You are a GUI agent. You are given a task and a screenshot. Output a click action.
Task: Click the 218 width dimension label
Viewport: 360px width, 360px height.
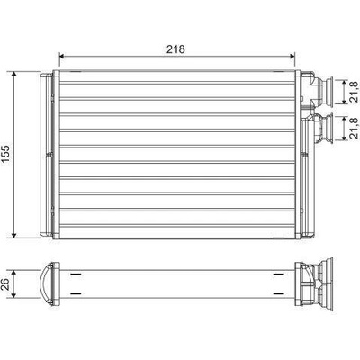click(175, 49)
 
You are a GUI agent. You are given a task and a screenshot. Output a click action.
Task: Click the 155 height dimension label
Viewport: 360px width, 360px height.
click(6, 154)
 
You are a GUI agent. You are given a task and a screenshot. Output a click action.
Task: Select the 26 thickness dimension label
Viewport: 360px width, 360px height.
click(5, 284)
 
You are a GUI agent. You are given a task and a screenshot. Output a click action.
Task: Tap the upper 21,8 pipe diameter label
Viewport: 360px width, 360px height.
click(355, 92)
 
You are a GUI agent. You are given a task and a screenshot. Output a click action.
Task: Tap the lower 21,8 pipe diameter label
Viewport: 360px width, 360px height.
click(355, 128)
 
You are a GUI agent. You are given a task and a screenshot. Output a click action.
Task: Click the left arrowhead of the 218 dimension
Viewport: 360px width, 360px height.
click(62, 56)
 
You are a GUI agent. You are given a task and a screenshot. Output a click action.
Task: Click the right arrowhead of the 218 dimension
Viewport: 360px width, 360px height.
click(292, 56)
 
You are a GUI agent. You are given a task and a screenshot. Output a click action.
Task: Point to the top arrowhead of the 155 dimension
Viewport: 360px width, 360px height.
click(14, 75)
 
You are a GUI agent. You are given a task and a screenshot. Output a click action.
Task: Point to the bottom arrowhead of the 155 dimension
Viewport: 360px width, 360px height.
click(14, 235)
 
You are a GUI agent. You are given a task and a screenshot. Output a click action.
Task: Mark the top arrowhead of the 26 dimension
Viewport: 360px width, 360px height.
click(13, 273)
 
